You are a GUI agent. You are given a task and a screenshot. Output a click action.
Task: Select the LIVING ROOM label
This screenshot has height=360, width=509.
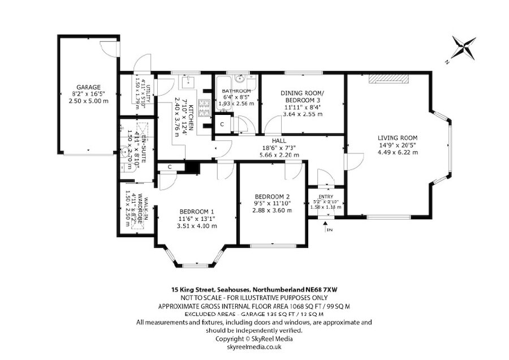click(x=398, y=138)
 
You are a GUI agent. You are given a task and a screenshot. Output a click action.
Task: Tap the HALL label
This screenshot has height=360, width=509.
click(x=278, y=140)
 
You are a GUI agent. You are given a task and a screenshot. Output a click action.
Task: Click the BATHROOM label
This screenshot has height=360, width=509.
click(x=236, y=91)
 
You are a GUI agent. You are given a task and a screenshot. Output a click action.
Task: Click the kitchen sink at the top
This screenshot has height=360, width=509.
click(x=187, y=83)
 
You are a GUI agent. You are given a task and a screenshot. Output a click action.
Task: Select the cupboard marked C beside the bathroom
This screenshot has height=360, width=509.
click(x=222, y=123)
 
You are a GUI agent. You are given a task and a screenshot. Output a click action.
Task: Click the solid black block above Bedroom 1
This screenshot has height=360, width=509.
click(x=193, y=168)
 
